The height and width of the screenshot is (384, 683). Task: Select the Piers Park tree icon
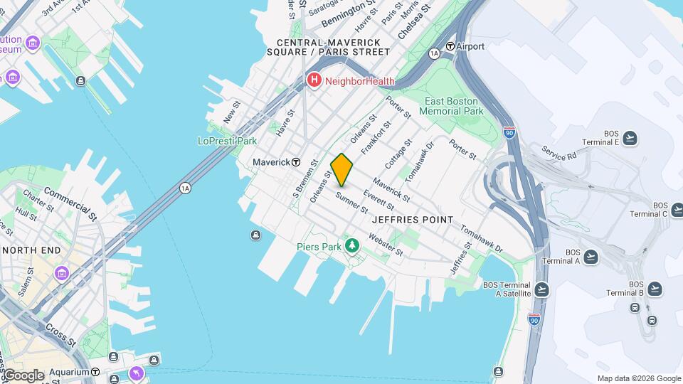click(x=351, y=246)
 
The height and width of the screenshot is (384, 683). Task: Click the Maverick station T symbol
click(x=296, y=162)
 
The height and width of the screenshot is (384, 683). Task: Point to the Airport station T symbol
click(x=450, y=46)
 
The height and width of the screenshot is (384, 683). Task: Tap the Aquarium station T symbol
click(x=95, y=372)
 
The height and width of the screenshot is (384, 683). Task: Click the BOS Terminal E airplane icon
click(x=630, y=138)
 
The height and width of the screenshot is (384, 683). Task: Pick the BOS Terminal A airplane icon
click(x=590, y=257)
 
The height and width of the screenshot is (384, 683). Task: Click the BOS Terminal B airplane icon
click(x=655, y=288)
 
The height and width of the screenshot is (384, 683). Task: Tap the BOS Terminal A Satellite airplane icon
click(x=542, y=289)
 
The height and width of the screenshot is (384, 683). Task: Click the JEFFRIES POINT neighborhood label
click(x=412, y=220)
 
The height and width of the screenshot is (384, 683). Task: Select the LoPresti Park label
click(x=227, y=141)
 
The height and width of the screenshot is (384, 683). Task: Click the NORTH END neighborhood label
click(x=30, y=250)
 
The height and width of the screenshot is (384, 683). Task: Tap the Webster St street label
click(x=386, y=246)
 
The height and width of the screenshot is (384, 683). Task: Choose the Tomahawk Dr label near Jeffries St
click(x=481, y=240)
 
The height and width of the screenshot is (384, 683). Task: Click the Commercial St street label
click(x=70, y=201)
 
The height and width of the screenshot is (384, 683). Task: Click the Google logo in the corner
click(x=23, y=375)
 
